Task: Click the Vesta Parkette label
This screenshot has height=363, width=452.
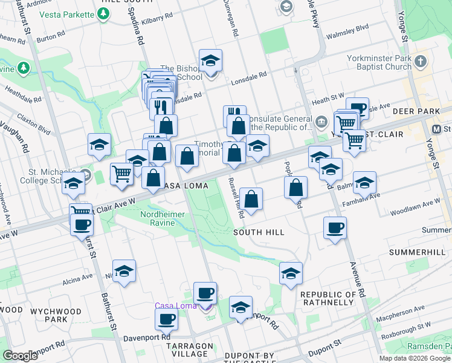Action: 64,15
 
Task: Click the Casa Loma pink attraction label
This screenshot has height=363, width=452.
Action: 176,306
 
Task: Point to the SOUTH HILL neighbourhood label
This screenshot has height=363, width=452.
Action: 259,232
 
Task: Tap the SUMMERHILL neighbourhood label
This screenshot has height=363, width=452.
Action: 420,251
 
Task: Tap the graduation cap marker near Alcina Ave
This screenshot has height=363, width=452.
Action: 124,271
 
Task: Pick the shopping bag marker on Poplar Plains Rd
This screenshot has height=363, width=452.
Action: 296,188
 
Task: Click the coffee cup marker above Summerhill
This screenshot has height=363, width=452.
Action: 335,228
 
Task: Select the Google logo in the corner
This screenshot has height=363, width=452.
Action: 20,356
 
